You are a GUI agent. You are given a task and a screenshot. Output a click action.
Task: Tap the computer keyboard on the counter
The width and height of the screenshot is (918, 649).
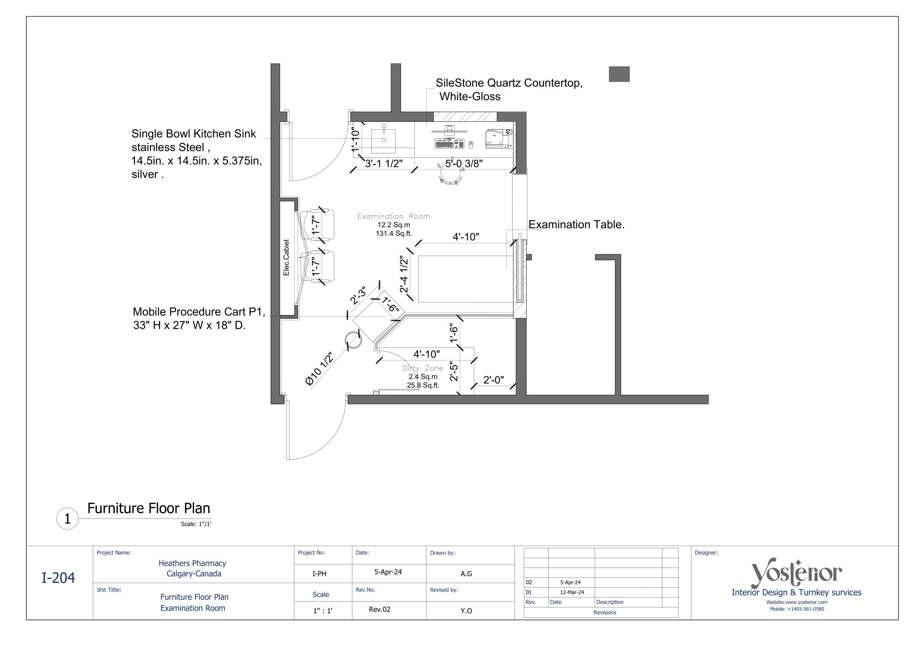[x=449, y=143]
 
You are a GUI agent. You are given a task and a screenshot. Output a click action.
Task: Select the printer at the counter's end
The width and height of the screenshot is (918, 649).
[x=497, y=138]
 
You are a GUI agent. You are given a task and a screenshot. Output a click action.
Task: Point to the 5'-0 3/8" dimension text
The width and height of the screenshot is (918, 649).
[x=464, y=163]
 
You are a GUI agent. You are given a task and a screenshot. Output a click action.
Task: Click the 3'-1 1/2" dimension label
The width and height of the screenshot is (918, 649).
[x=383, y=163]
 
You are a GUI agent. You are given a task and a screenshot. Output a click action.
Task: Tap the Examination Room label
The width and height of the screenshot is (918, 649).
[x=393, y=216]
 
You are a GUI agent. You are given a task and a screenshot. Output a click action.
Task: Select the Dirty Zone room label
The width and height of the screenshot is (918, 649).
[x=423, y=368]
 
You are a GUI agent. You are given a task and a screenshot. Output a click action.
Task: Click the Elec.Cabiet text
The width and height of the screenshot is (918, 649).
[x=286, y=257]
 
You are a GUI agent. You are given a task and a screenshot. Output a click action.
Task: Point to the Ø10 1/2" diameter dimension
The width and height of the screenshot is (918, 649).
[x=319, y=369]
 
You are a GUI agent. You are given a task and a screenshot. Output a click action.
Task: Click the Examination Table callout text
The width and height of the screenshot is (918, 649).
[x=576, y=225]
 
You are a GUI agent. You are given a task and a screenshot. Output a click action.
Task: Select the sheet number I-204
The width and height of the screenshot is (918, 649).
[x=58, y=578]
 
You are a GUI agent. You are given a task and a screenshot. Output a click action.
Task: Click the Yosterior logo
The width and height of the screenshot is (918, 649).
[x=796, y=573]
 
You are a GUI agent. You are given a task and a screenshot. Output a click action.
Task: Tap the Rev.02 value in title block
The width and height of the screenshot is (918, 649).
[x=379, y=610]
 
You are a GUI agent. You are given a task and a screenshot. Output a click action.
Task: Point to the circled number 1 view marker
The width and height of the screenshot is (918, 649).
[x=67, y=519]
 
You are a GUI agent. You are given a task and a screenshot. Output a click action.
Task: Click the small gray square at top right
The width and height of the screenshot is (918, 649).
[x=619, y=74]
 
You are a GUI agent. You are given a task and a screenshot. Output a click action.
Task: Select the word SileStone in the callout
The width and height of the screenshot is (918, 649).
[x=459, y=83]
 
